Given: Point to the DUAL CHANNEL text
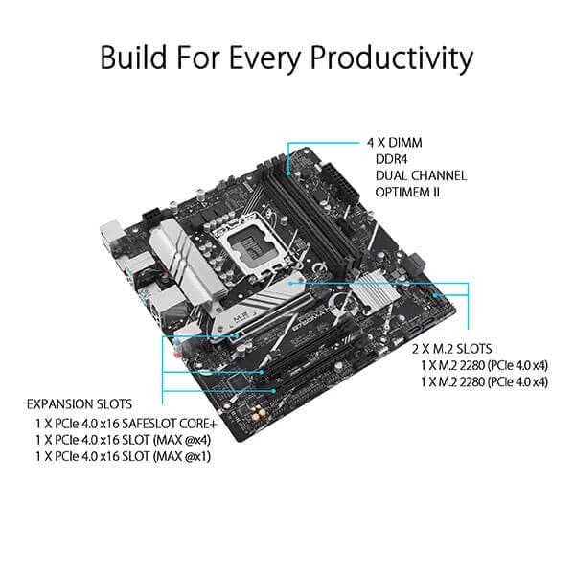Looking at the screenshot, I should pos(421,175).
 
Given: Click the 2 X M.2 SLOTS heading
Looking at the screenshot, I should pos(451,348).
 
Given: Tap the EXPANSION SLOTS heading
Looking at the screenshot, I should pos(80,403).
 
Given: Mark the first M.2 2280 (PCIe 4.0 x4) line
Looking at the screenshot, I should pos(484,365).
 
